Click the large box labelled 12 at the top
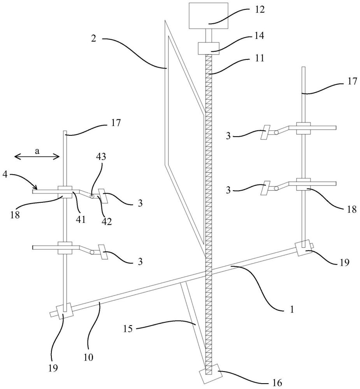click(x=208, y=16)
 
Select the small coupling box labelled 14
click(x=208, y=48)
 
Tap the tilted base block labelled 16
click(x=211, y=373)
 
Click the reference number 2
click(x=93, y=39)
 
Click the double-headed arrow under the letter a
click(x=37, y=156)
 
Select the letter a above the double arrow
click(x=37, y=151)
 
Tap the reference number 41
click(x=81, y=219)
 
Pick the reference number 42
click(x=107, y=221)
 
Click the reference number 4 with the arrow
click(x=5, y=175)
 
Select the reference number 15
click(x=128, y=329)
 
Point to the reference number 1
click(x=292, y=309)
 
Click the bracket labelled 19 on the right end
click(x=304, y=248)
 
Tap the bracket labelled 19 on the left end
click(x=65, y=311)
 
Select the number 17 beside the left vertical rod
click(x=116, y=123)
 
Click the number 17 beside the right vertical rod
click(x=352, y=81)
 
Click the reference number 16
click(x=277, y=383)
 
